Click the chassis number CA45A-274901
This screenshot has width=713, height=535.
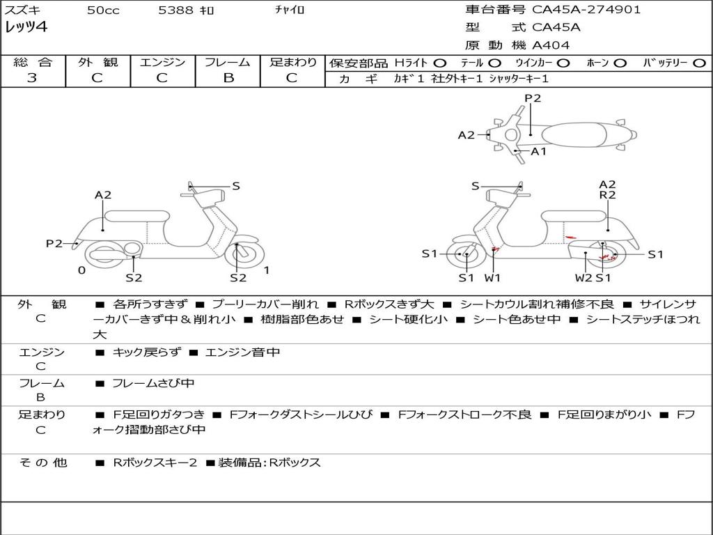coord(586,10)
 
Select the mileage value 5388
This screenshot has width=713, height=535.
coord(176,10)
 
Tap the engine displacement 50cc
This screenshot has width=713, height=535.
coord(103,10)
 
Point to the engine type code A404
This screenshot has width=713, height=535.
coord(551,45)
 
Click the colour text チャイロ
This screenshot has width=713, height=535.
coord(290,10)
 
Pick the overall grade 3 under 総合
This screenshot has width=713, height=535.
coord(32,78)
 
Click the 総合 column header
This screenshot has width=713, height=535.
coord(33,62)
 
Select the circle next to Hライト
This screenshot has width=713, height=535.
coord(440,63)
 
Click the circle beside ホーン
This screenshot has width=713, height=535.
coord(620,63)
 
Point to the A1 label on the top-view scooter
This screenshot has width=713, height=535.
coord(539,151)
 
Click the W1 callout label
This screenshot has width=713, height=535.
coord(493,278)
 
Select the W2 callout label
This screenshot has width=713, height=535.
coord(583,278)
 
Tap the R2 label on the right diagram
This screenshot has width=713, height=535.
coord(607,196)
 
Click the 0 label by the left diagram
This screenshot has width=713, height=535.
coord(82,270)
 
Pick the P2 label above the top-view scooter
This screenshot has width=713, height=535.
coord(533,98)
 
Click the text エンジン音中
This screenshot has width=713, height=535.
coord(243,352)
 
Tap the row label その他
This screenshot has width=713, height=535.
coord(42,463)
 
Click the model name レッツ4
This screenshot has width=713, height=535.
coord(26,28)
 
